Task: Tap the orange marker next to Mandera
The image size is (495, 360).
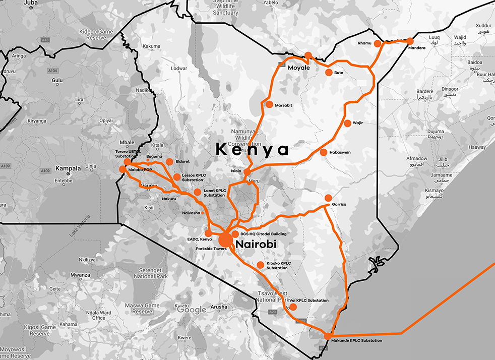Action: click(x=410, y=41)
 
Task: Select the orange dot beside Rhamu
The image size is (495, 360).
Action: click(x=378, y=44)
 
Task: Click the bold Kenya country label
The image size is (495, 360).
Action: click(x=252, y=149)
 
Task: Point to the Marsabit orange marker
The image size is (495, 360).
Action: click(x=269, y=104)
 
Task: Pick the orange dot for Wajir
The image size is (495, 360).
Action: click(x=347, y=123)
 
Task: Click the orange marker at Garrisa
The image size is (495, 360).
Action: click(x=328, y=198)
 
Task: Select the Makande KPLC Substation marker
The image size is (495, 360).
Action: click(x=328, y=336)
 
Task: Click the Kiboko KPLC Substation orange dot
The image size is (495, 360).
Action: click(x=261, y=265)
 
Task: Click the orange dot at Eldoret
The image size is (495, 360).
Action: click(x=169, y=162)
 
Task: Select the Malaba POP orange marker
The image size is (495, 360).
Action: click(x=122, y=169)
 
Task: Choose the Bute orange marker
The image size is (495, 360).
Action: click(x=329, y=73)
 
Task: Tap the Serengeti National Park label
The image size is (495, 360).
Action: click(x=153, y=273)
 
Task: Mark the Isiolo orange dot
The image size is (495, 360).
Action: click(x=247, y=172)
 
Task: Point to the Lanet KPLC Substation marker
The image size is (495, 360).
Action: click(x=197, y=192)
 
